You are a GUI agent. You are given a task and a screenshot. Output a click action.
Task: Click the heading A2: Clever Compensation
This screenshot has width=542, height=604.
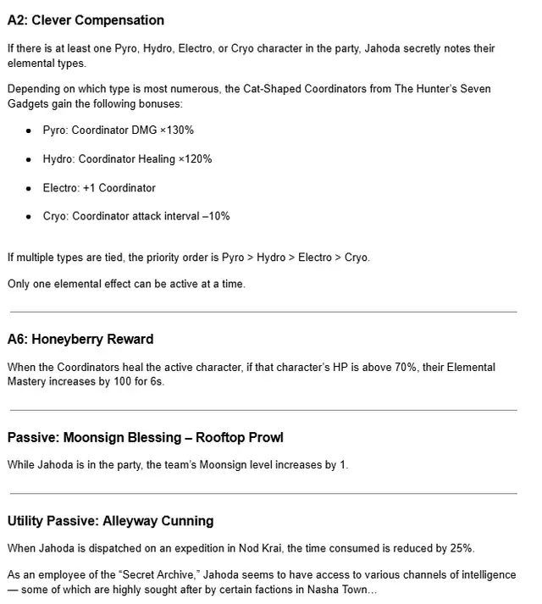coord(86,20)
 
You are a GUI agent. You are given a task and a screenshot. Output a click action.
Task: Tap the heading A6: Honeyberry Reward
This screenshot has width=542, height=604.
coord(80,340)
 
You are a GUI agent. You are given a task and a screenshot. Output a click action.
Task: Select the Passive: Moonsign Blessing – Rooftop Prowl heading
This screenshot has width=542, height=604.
coord(145,438)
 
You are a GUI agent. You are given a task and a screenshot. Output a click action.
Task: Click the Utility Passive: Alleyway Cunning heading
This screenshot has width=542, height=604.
coord(110,521)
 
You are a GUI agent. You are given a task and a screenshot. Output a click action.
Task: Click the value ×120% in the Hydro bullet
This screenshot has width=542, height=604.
coord(196,159)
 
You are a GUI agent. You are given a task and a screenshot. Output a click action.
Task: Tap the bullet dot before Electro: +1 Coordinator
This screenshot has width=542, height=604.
coord(29,188)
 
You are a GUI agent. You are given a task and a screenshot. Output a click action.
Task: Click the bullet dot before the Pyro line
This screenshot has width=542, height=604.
coord(29,131)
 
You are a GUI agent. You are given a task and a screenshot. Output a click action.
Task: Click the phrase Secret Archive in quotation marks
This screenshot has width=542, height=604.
coord(135,575)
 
